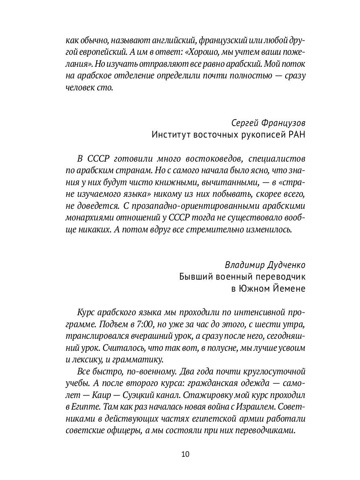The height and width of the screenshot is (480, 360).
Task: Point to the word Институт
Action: point(171,135)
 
